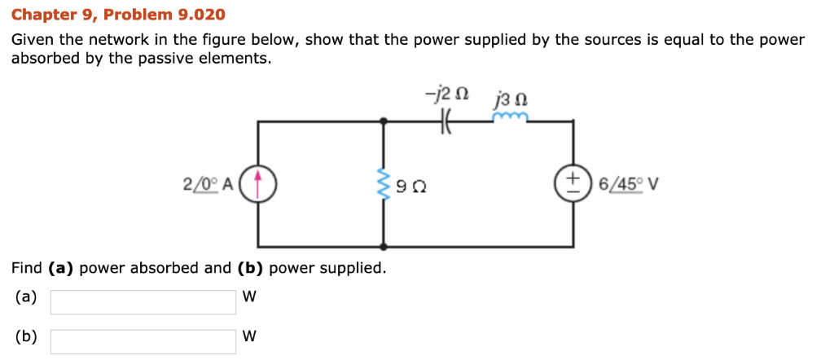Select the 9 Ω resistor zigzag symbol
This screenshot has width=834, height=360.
tap(384, 184)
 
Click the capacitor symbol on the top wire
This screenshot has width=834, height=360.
tap(446, 121)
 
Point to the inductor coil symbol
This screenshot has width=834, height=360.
tap(511, 119)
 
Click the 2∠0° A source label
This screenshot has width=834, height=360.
tap(208, 184)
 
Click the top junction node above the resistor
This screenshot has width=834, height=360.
tap(384, 121)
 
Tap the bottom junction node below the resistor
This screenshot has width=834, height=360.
tap(384, 246)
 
